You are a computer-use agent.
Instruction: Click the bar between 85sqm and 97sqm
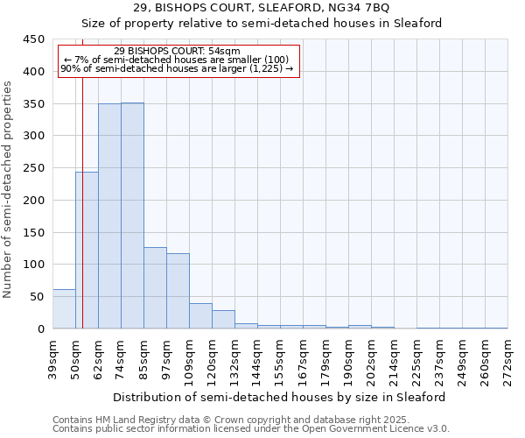155,288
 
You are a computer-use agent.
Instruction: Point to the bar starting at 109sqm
200,315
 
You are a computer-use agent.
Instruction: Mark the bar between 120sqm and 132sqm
223,320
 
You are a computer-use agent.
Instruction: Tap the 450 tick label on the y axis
33,39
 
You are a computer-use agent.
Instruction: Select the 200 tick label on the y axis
33,200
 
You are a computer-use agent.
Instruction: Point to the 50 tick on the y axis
37,296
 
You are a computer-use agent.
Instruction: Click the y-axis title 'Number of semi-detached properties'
9,189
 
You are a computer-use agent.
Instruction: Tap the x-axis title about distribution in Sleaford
280,397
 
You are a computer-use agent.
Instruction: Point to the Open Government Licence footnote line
251,429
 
